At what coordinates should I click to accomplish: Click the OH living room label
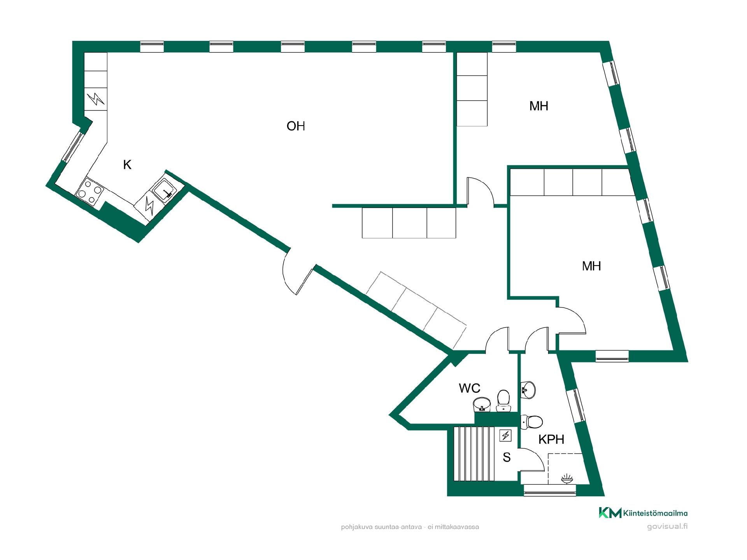coord(296,126)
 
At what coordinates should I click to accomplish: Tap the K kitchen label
coord(127,165)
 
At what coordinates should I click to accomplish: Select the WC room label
coord(470,388)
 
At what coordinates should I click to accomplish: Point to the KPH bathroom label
coord(551,439)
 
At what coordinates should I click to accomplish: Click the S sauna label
coord(507,457)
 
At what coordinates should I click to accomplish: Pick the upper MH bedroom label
coord(539,106)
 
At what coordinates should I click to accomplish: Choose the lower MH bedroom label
coord(591,266)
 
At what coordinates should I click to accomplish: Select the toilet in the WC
coord(503,401)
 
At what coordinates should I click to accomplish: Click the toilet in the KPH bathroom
coord(531,422)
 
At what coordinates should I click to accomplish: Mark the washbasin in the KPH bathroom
coord(528,389)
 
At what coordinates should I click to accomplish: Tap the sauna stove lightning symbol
coord(506,435)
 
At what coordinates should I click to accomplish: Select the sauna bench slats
coord(473,454)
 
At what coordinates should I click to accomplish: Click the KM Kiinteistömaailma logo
coord(643,513)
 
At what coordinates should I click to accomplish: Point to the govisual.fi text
coord(667,527)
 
